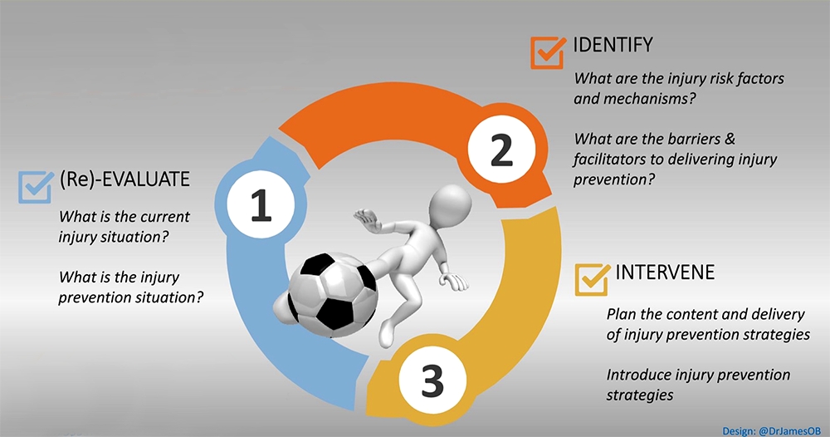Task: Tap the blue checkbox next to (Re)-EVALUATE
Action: tap(35, 186)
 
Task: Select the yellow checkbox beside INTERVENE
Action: tap(592, 280)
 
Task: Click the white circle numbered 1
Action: tap(261, 206)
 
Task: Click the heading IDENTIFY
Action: tap(613, 43)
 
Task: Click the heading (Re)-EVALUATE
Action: tap(125, 179)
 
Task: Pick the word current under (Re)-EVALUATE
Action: tap(153, 217)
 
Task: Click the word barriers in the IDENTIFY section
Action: tap(705, 137)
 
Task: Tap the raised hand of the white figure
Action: tap(364, 218)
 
